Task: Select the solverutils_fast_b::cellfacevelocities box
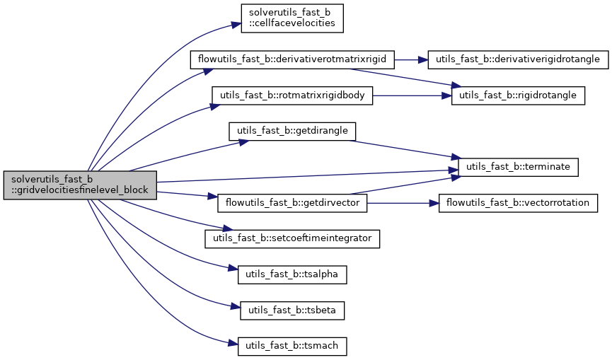[291, 18]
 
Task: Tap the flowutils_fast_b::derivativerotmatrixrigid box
[292, 59]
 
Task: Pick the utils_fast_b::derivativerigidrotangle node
[518, 59]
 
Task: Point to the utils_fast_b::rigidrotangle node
[518, 95]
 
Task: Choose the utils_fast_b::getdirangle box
[291, 131]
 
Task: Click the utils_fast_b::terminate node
[519, 167]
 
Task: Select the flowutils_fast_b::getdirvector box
[292, 203]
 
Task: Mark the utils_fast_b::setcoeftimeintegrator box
[292, 238]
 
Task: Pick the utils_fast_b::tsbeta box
[292, 310]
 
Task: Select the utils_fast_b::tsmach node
[292, 346]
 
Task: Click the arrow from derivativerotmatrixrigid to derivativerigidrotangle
[410, 59]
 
